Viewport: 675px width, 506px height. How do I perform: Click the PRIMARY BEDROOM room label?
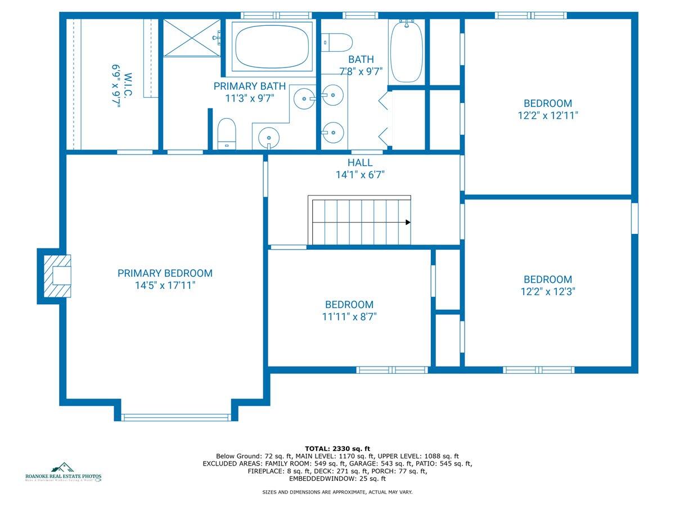point(165,273)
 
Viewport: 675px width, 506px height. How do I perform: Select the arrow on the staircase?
point(408,222)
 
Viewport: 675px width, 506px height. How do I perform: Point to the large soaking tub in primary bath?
point(272,46)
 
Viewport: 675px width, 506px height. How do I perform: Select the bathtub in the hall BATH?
point(406,51)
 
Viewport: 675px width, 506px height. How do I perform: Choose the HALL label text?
point(360,162)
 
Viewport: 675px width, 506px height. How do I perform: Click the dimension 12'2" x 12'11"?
point(547,116)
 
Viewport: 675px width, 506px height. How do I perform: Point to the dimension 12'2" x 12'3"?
point(547,292)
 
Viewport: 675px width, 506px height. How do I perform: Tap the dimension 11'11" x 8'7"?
point(349,317)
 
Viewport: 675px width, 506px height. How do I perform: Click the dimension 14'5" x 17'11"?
point(165,286)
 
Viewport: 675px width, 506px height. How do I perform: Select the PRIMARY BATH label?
point(249,86)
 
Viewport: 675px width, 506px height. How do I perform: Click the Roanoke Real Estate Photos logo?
point(64,472)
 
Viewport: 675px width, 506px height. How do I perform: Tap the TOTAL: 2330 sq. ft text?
point(337,448)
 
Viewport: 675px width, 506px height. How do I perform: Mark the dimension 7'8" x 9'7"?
point(361,71)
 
